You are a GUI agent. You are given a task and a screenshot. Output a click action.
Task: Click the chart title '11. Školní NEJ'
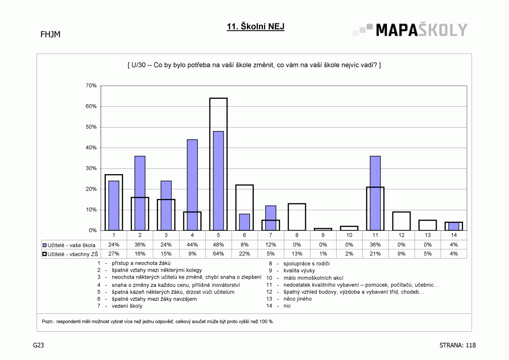tap(256, 27)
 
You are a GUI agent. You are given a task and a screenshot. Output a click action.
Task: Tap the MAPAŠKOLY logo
tap(410, 30)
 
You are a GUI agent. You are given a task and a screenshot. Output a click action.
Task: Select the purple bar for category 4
tap(192, 185)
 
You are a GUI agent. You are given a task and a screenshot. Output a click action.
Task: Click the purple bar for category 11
tap(375, 193)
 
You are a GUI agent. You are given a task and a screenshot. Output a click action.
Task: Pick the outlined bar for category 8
tap(297, 204)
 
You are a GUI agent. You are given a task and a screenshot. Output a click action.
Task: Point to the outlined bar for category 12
tap(401, 212)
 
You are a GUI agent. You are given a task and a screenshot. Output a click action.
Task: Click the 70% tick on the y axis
tap(91, 86)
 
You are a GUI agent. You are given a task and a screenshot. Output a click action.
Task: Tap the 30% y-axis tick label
tap(91, 168)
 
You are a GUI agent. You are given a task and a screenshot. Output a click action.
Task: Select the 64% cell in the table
tap(219, 254)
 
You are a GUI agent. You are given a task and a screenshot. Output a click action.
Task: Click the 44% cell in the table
tap(192, 245)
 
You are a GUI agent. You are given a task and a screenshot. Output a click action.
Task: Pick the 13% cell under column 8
tap(297, 254)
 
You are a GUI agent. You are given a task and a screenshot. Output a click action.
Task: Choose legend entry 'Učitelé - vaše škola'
tap(69, 245)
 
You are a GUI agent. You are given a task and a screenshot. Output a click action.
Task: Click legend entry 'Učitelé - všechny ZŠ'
tap(71, 254)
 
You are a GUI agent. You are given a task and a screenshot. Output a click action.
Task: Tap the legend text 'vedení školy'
tap(127, 306)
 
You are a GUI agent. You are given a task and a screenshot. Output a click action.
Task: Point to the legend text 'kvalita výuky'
tap(299, 270)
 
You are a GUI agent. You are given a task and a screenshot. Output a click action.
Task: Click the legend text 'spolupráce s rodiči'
tap(307, 264)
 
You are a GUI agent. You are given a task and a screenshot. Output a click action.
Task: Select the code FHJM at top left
tap(51, 34)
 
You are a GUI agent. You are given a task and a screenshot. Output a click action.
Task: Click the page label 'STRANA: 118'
tap(457, 345)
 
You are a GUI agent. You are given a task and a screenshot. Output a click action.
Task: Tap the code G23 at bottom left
tap(38, 345)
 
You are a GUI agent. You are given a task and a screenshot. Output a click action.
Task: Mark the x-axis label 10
tap(349, 235)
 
